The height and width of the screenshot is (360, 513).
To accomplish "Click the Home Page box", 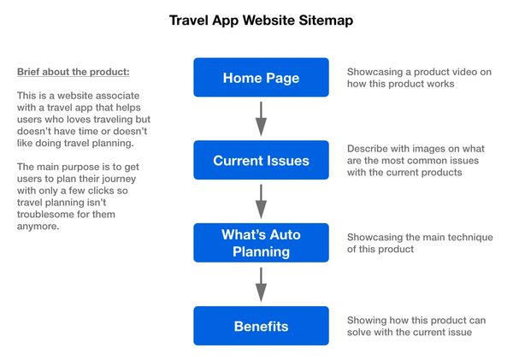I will (x=261, y=78).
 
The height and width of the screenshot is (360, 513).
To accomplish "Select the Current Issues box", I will (x=261, y=160).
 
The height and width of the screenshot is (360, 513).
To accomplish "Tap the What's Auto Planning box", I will (x=261, y=243).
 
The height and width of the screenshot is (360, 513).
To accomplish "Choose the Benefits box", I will (x=261, y=326).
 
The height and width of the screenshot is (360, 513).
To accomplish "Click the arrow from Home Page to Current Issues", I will (x=261, y=118).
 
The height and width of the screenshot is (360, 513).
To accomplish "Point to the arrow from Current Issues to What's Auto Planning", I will (x=261, y=201).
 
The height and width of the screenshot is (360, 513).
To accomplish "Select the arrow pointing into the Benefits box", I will (x=261, y=284).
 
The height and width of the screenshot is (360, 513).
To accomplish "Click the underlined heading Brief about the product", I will (x=74, y=71).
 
